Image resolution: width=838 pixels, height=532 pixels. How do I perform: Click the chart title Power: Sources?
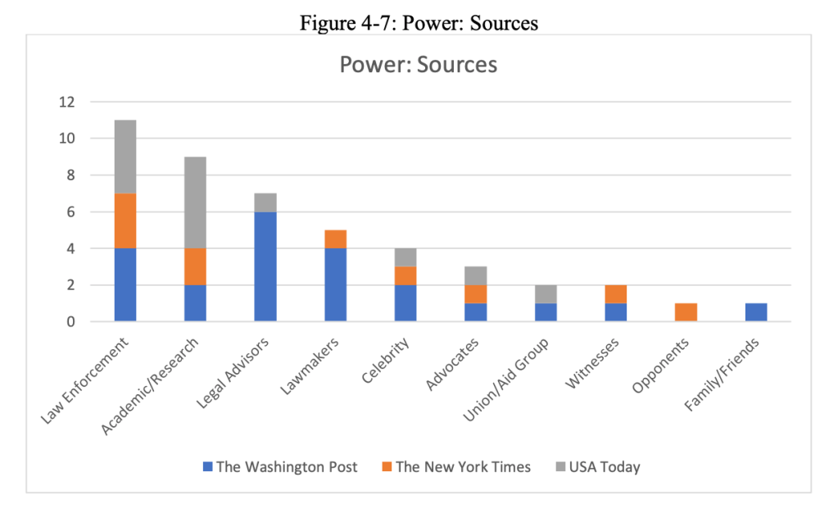(x=419, y=64)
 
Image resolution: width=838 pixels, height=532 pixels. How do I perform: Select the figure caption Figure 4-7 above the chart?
(x=419, y=23)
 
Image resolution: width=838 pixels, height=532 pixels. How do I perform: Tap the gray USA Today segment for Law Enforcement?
(x=125, y=157)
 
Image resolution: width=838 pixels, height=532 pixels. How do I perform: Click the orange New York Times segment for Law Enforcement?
(x=125, y=221)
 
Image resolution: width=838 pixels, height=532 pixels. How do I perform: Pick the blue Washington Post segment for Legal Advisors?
(x=265, y=266)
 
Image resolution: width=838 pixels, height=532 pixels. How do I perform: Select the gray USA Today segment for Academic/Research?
(x=195, y=202)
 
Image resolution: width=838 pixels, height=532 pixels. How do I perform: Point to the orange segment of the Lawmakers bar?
(x=335, y=239)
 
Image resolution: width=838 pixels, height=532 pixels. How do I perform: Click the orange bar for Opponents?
(x=686, y=312)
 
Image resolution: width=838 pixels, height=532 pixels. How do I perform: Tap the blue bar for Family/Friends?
(x=755, y=312)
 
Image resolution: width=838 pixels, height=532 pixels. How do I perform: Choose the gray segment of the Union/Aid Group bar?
(x=546, y=294)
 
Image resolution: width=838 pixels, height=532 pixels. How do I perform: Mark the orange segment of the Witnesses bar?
(x=615, y=294)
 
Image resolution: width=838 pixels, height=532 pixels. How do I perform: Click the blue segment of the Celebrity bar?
(x=405, y=303)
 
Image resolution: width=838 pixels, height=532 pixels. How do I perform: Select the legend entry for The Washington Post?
(x=280, y=467)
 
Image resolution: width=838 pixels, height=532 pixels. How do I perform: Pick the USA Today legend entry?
(x=598, y=467)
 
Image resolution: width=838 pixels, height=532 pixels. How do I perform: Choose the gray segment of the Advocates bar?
(x=475, y=275)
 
